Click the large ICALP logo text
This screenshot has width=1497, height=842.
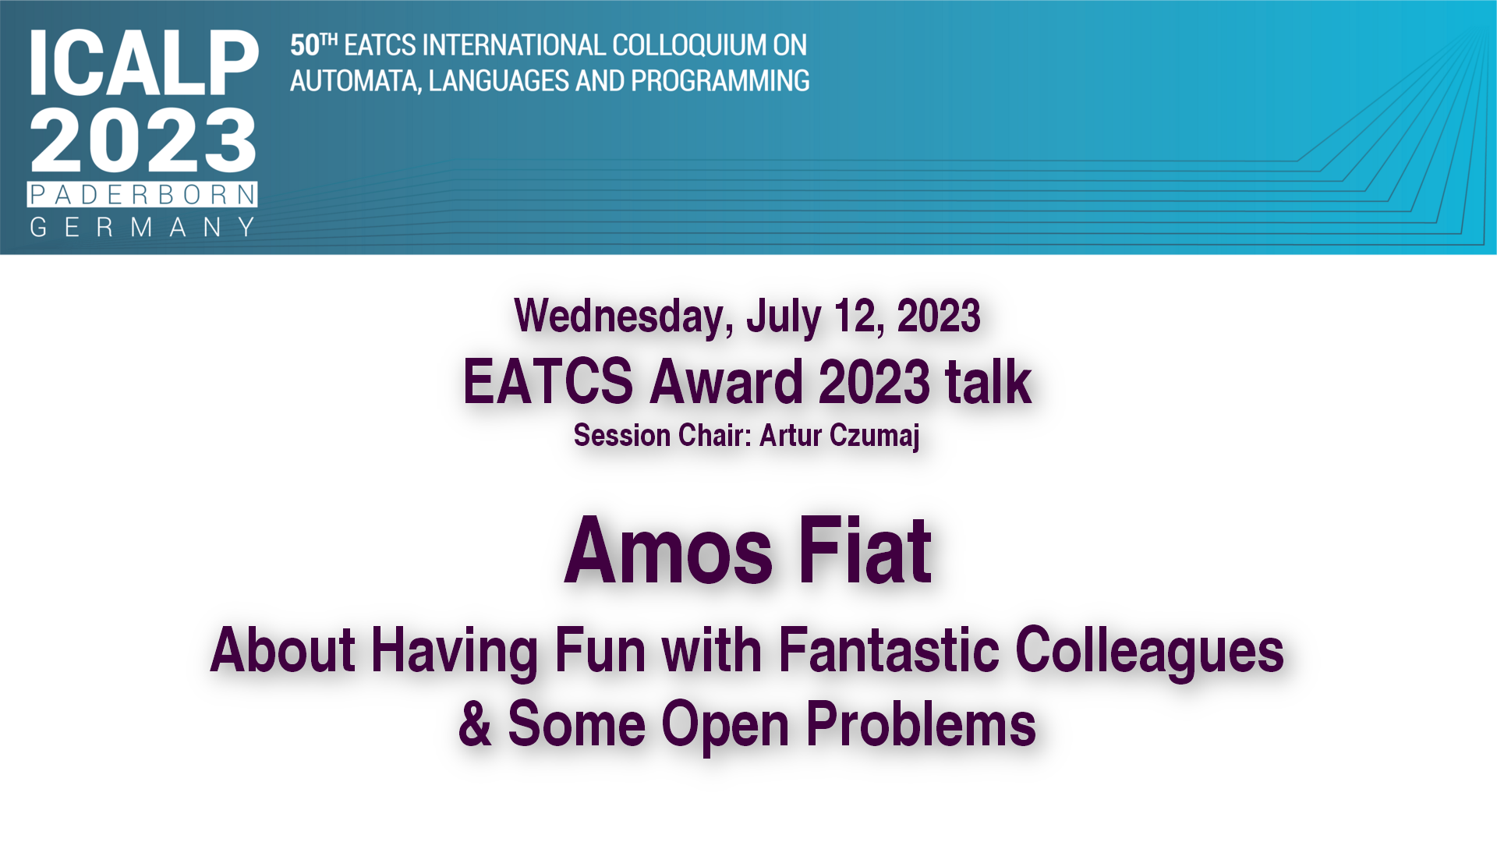point(144,63)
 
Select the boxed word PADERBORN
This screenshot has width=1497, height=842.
point(143,194)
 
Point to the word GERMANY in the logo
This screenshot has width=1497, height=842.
point(143,227)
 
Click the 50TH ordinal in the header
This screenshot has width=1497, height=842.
point(313,44)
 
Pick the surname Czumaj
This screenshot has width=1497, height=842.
point(875,436)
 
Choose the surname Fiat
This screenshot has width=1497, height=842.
point(865,550)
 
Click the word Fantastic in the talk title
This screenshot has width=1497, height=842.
point(889,649)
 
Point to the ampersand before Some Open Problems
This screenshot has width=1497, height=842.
point(475,723)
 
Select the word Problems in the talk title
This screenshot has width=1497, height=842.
point(921,724)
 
